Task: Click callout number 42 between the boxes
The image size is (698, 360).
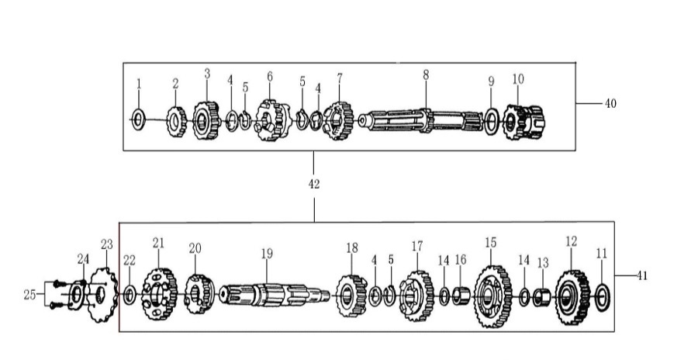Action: (x=314, y=184)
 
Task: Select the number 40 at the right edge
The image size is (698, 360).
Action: (x=610, y=103)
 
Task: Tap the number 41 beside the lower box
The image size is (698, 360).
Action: (x=641, y=275)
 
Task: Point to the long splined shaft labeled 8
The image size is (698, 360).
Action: (x=420, y=121)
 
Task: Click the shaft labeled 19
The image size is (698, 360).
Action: (x=275, y=295)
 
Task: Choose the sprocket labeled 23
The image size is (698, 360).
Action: (x=103, y=295)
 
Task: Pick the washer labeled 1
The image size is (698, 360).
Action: (x=139, y=119)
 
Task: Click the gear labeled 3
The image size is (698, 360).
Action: (x=206, y=120)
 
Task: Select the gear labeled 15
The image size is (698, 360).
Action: (x=492, y=296)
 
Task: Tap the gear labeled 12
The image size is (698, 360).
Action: (x=572, y=297)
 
